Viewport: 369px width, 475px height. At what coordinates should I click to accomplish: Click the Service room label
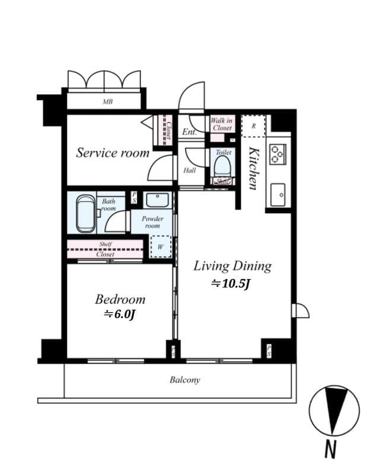113,153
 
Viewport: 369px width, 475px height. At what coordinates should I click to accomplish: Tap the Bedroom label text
120,299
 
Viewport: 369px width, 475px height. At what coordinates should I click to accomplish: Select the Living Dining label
232,265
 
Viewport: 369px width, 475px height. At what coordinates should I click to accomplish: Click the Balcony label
184,380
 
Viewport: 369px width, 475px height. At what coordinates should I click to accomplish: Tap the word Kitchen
253,167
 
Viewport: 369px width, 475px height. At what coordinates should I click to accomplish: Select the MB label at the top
107,102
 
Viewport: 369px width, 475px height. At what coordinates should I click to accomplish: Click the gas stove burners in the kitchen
277,154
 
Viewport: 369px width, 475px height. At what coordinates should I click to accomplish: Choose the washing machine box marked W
160,246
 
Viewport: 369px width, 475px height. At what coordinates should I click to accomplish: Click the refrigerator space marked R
253,126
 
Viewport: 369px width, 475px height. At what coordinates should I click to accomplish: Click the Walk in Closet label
221,124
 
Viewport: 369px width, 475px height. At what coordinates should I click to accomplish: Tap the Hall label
189,170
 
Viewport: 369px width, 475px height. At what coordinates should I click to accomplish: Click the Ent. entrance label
190,132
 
